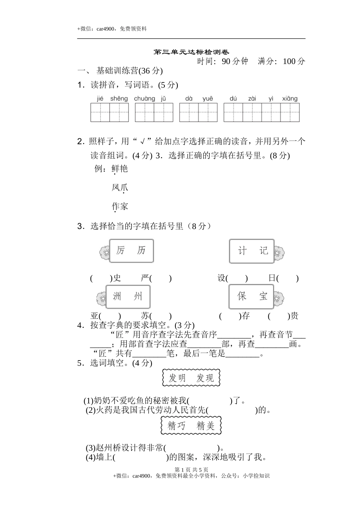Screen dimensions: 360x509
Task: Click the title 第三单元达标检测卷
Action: pos(191,52)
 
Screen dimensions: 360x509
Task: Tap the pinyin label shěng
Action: pos(119,99)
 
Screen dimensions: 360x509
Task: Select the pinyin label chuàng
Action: pos(144,99)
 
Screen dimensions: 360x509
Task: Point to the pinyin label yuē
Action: pos(208,99)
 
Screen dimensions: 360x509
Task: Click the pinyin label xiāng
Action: pos(290,99)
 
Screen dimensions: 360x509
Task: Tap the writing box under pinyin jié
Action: pos(100,112)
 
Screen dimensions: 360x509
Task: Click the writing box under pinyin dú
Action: pos(233,112)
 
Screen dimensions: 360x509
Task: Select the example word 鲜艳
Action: pos(120,169)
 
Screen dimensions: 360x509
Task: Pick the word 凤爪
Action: pos(120,187)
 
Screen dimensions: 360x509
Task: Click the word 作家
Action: pos(120,206)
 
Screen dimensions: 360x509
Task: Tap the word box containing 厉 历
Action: pos(131,251)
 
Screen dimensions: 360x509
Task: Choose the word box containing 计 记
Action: pos(252,251)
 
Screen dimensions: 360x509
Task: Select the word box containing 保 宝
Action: pos(251,297)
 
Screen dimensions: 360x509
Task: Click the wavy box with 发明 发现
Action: pos(191,378)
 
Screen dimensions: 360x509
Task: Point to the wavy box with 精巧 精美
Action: pos(191,426)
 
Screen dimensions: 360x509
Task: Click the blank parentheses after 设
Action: pos(237,278)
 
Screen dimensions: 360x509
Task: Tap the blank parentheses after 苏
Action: pos(161,316)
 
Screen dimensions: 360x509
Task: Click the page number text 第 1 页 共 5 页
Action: pos(191,470)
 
